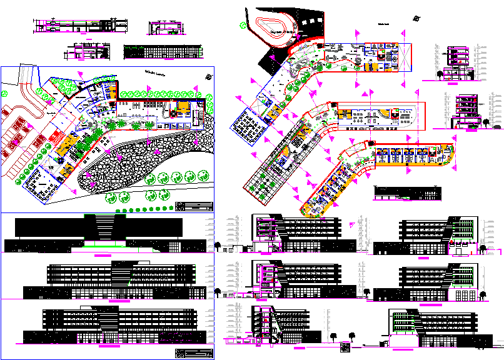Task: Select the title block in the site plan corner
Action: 194,206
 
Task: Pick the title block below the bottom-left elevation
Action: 191,354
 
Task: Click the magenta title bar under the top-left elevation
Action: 101,256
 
